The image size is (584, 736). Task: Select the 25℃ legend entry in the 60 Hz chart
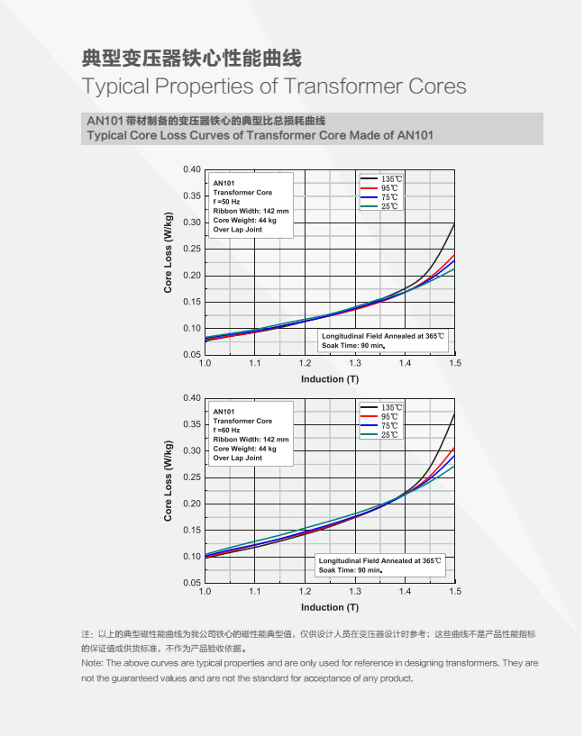(x=389, y=435)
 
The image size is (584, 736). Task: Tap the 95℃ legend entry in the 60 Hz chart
(x=389, y=417)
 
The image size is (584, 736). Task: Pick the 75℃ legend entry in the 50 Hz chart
(x=389, y=198)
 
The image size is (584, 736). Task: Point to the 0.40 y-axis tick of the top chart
(x=191, y=169)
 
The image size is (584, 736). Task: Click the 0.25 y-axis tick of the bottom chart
(x=191, y=477)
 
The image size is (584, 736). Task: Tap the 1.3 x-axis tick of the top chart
(x=356, y=363)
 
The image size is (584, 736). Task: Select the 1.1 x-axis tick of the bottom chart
(x=255, y=591)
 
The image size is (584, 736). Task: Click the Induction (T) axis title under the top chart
(x=329, y=379)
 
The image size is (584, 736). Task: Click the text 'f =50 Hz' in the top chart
(x=227, y=202)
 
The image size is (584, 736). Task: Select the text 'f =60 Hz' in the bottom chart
(x=227, y=430)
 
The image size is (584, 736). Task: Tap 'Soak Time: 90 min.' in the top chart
(x=353, y=346)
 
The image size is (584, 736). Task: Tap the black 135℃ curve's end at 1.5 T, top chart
(x=454, y=224)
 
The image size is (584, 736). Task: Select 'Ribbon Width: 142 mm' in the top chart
(x=251, y=211)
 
